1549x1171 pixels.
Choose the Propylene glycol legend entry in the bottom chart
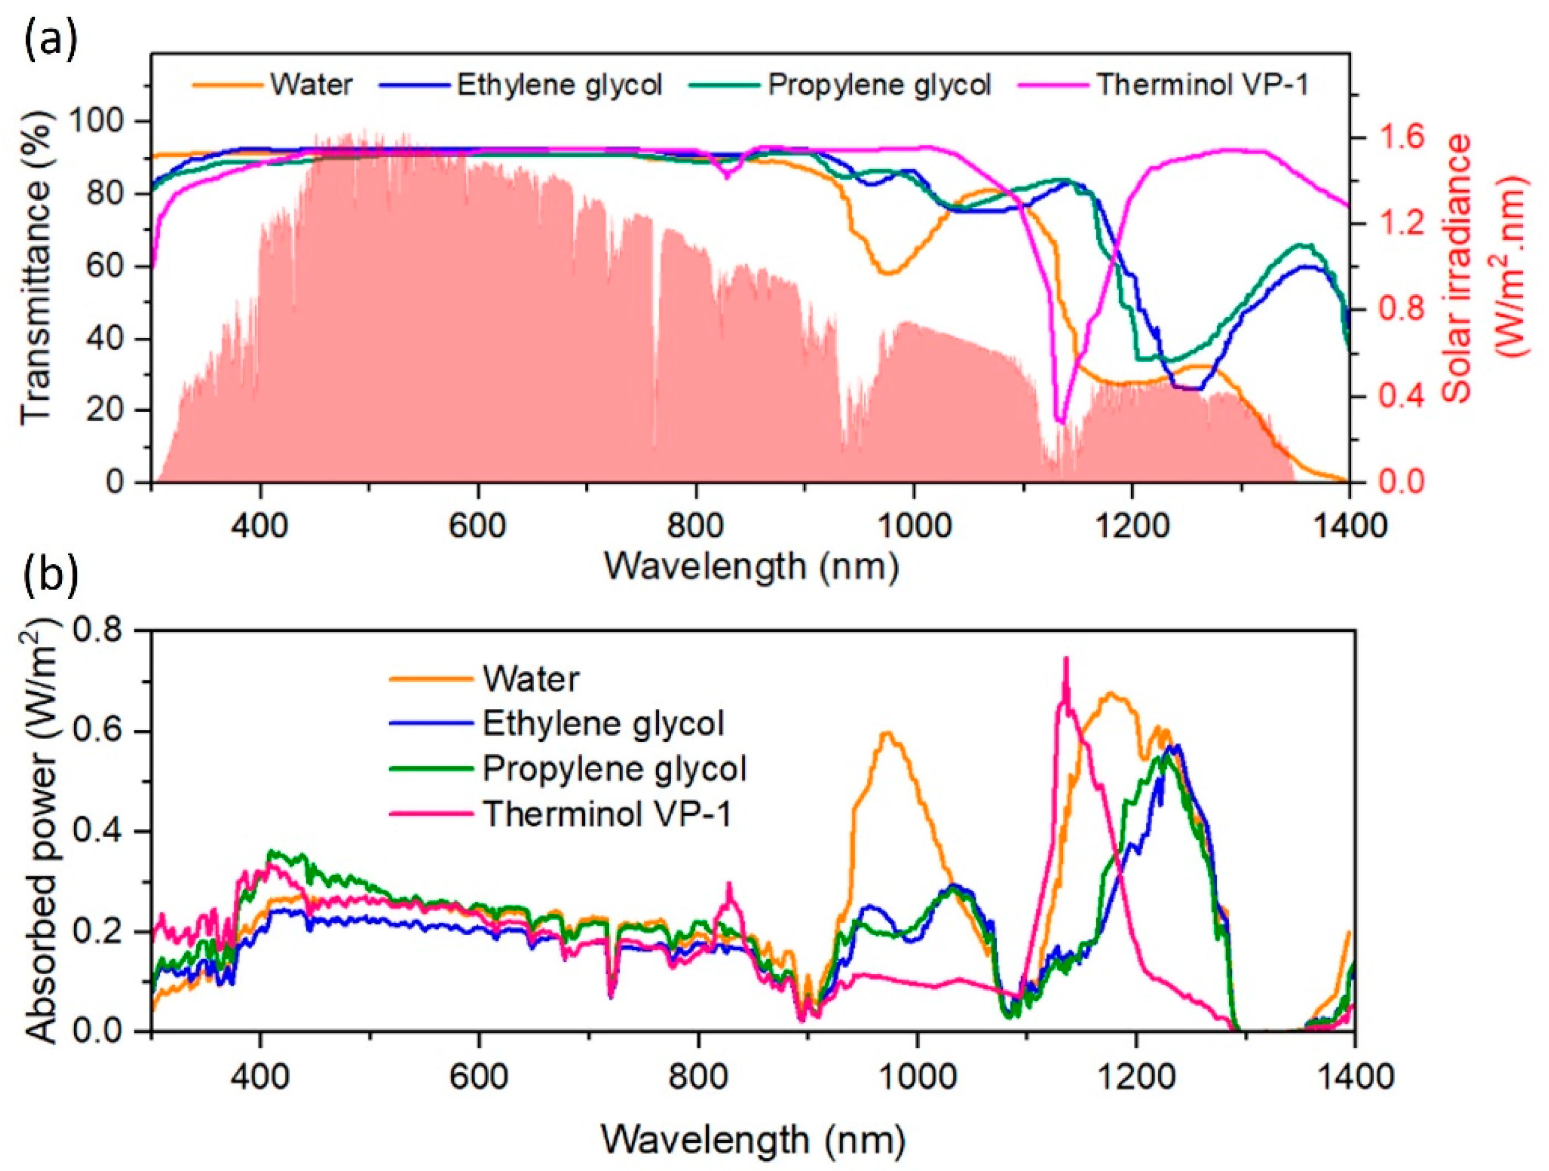click(614, 769)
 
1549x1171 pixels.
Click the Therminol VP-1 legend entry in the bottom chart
click(606, 814)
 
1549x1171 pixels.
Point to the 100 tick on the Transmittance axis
click(103, 122)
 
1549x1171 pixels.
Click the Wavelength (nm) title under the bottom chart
click(753, 1140)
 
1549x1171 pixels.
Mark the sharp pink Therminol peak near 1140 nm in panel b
click(1066, 659)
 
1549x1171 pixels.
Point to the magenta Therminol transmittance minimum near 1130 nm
click(1060, 422)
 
